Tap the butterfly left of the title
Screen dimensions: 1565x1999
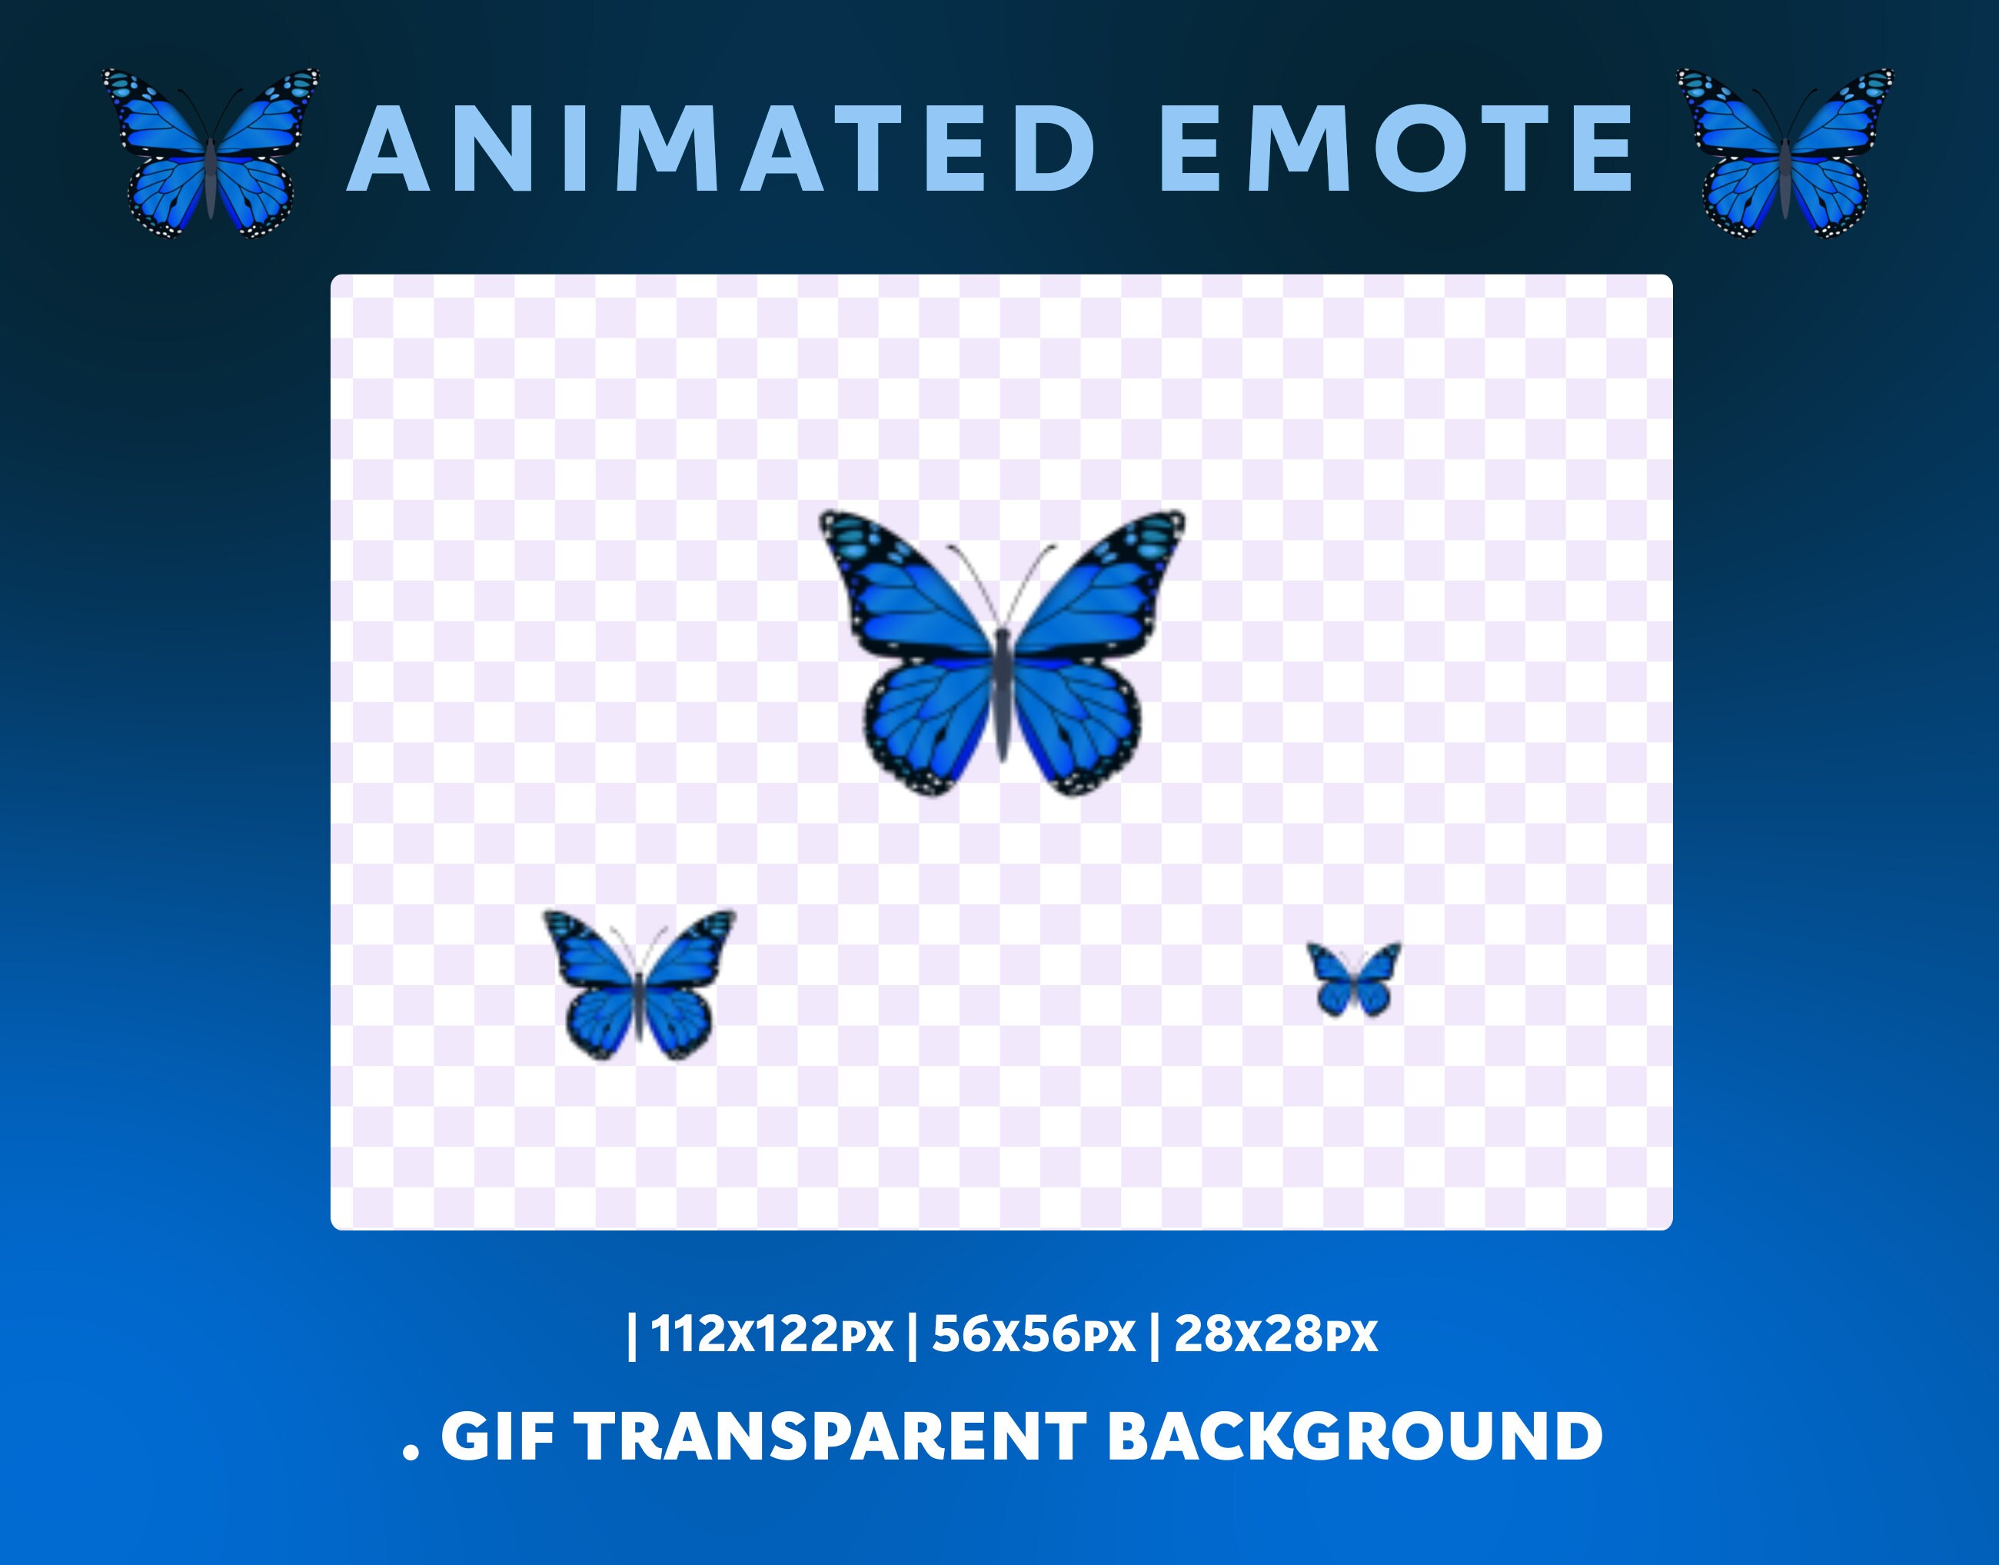pyautogui.click(x=211, y=153)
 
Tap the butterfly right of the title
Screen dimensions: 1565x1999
pyautogui.click(x=1784, y=153)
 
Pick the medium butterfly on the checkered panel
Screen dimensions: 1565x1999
pyautogui.click(x=640, y=985)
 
